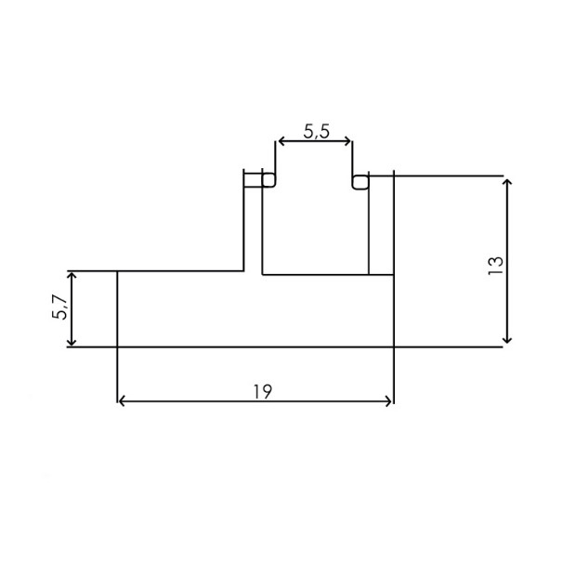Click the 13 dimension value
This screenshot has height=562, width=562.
point(494,264)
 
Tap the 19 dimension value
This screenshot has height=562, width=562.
point(261,390)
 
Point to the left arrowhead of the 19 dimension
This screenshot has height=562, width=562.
point(122,402)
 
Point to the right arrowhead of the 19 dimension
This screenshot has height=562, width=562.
point(389,402)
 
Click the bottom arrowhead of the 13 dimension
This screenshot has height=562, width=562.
point(506,341)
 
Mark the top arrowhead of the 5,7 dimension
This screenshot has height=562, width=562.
point(71,276)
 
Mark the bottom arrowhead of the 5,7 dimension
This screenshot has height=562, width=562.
point(71,343)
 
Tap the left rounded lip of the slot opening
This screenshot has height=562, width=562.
point(268,180)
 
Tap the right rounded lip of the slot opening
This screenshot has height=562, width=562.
point(359,180)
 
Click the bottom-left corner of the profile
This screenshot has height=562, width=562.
point(118,347)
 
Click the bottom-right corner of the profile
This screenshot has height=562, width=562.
point(394,347)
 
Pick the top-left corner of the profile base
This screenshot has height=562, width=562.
point(118,271)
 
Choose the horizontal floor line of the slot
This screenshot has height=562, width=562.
point(316,275)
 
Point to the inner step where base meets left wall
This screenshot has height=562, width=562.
point(245,271)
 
